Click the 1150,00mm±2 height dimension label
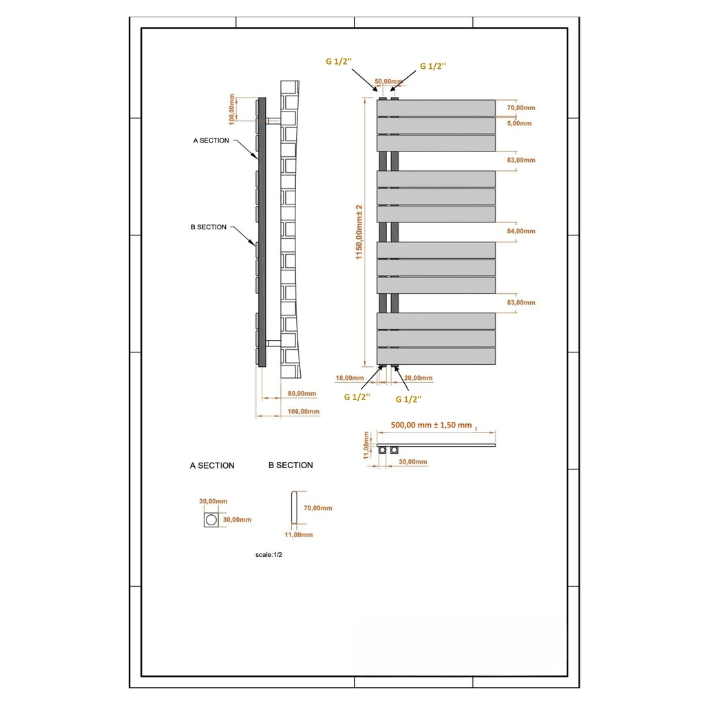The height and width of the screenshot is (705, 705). [x=359, y=233]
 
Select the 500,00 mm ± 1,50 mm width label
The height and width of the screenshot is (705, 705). [x=430, y=425]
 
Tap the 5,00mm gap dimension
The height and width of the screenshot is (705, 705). [x=519, y=123]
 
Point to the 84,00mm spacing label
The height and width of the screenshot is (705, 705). [x=520, y=231]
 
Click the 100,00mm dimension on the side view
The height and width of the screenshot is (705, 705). [x=233, y=110]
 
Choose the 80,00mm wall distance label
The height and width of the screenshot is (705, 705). [x=301, y=394]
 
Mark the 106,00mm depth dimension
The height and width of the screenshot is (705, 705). [x=303, y=412]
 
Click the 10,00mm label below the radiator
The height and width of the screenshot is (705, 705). [x=349, y=378]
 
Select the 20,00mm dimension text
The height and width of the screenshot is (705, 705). [x=419, y=378]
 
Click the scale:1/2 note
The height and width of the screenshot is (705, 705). [x=269, y=554]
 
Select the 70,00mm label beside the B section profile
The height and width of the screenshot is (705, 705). [x=317, y=508]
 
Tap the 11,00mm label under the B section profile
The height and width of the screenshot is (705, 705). [x=298, y=535]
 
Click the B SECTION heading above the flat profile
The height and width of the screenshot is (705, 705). [x=291, y=465]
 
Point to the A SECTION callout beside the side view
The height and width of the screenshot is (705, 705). [x=211, y=140]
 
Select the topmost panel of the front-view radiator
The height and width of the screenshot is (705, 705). [x=436, y=108]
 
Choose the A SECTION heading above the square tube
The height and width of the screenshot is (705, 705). [x=212, y=466]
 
